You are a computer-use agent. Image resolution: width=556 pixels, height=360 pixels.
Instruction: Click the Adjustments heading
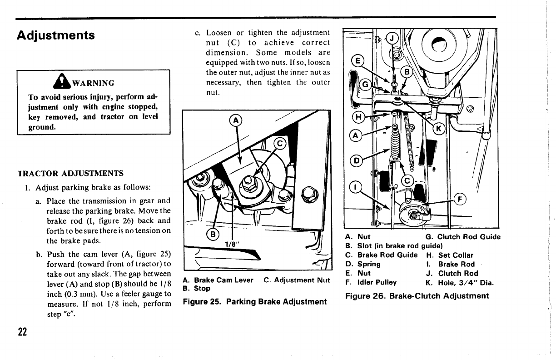(x=55, y=35)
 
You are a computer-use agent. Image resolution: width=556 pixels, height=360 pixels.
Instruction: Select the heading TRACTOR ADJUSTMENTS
(x=70, y=174)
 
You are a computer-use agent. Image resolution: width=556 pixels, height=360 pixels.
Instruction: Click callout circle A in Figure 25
(x=236, y=120)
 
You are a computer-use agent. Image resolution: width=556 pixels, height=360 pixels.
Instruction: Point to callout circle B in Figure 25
(x=212, y=235)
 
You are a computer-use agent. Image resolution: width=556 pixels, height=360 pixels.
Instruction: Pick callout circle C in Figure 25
(x=280, y=145)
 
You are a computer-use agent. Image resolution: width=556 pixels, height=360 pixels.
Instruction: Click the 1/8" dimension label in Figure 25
(x=233, y=244)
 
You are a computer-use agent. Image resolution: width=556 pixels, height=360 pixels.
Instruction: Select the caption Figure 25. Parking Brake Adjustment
(x=254, y=301)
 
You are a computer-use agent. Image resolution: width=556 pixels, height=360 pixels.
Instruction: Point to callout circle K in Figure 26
(x=439, y=129)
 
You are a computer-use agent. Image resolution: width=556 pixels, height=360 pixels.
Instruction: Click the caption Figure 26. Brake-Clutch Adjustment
(x=417, y=296)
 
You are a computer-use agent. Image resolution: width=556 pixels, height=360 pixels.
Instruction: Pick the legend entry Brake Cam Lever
(x=217, y=280)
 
